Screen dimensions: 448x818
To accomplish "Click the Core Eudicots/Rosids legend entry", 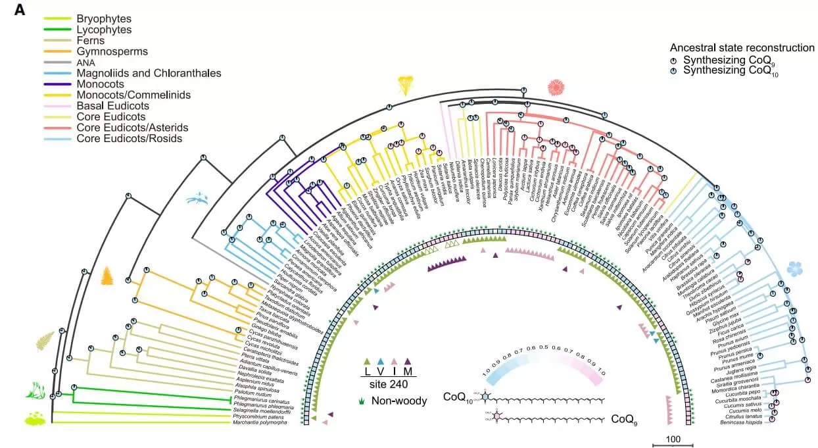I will (x=127, y=138).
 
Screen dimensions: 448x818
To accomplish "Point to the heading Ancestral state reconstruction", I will (x=742, y=48).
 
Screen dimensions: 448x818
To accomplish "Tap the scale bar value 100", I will (x=673, y=439).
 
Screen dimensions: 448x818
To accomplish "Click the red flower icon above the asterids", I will (x=560, y=87).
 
